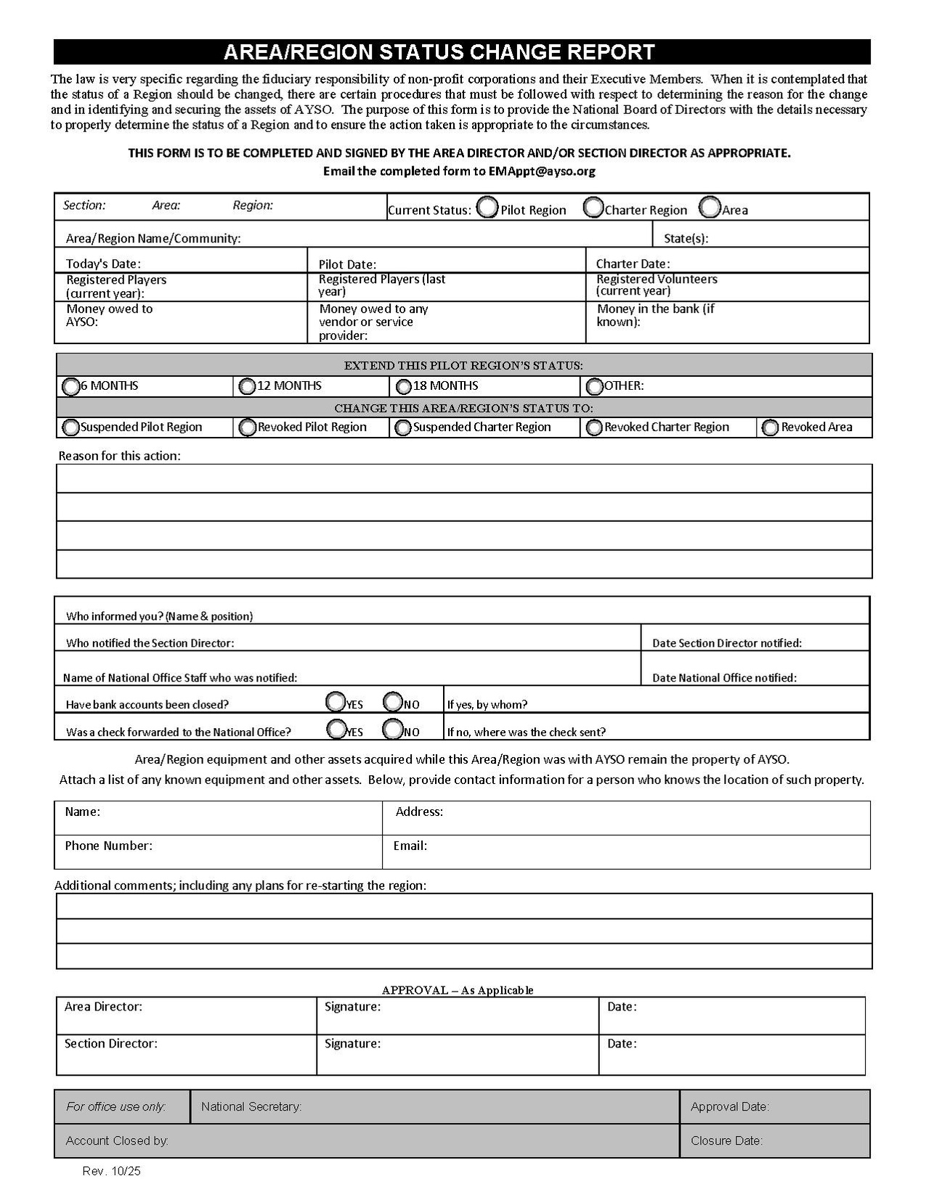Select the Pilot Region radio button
(488, 208)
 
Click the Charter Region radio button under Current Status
(594, 208)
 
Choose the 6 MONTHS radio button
(71, 387)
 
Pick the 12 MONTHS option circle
(248, 387)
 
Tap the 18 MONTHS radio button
(404, 387)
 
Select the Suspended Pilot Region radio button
(71, 428)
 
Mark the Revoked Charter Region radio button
(594, 428)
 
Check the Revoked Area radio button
(771, 428)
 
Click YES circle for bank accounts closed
(336, 701)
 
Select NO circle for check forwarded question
(393, 728)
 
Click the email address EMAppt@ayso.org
(542, 171)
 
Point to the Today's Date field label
(103, 263)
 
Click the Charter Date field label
(633, 263)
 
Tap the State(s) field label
(686, 238)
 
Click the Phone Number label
(108, 846)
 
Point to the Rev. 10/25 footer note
(112, 1171)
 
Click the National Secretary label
(251, 1107)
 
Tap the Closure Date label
(726, 1141)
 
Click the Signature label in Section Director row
(352, 1044)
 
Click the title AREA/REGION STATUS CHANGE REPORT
(439, 52)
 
